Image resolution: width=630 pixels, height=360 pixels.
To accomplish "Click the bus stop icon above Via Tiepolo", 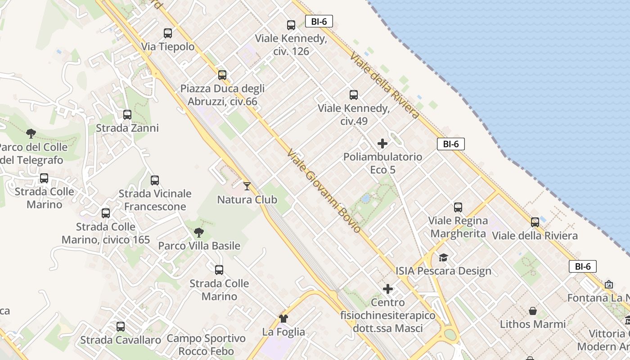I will pyautogui.click(x=168, y=33).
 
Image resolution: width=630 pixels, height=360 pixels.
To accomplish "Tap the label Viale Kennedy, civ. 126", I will pyautogui.click(x=291, y=45).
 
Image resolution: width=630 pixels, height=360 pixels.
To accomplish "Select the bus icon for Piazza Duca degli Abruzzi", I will pyautogui.click(x=222, y=75).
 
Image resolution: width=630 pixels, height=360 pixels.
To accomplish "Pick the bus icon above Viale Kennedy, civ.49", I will pyautogui.click(x=354, y=94).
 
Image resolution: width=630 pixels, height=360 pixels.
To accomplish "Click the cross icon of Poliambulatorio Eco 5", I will pyautogui.click(x=382, y=144).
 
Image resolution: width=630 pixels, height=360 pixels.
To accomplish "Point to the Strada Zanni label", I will pyautogui.click(x=127, y=128).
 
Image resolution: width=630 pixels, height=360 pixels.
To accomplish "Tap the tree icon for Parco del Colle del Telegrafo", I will pyautogui.click(x=31, y=133).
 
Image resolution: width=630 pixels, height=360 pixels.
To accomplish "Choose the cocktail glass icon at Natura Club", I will pyautogui.click(x=247, y=186).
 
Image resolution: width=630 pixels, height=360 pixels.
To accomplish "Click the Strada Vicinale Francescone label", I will pyautogui.click(x=155, y=200).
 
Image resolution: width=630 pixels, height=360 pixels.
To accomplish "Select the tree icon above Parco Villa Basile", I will pyautogui.click(x=199, y=233).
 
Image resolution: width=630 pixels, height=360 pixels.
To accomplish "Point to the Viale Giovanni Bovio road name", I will pyautogui.click(x=324, y=191).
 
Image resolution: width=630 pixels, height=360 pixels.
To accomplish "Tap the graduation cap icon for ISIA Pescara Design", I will pyautogui.click(x=444, y=257).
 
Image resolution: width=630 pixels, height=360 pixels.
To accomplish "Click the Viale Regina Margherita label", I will pyautogui.click(x=458, y=227).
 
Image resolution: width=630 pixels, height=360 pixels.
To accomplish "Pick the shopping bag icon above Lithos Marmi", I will pyautogui.click(x=533, y=311).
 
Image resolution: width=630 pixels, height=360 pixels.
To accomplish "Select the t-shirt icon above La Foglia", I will pyautogui.click(x=283, y=319).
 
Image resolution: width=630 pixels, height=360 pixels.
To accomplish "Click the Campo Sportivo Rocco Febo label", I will pyautogui.click(x=206, y=345).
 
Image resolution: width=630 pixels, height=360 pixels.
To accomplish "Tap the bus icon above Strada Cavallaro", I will pyautogui.click(x=121, y=327).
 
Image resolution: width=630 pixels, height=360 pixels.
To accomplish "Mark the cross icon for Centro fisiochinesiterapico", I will pyautogui.click(x=388, y=289).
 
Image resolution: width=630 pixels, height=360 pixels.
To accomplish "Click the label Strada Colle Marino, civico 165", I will pyautogui.click(x=106, y=233).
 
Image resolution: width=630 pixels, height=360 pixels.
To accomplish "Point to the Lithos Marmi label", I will pyautogui.click(x=533, y=324).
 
